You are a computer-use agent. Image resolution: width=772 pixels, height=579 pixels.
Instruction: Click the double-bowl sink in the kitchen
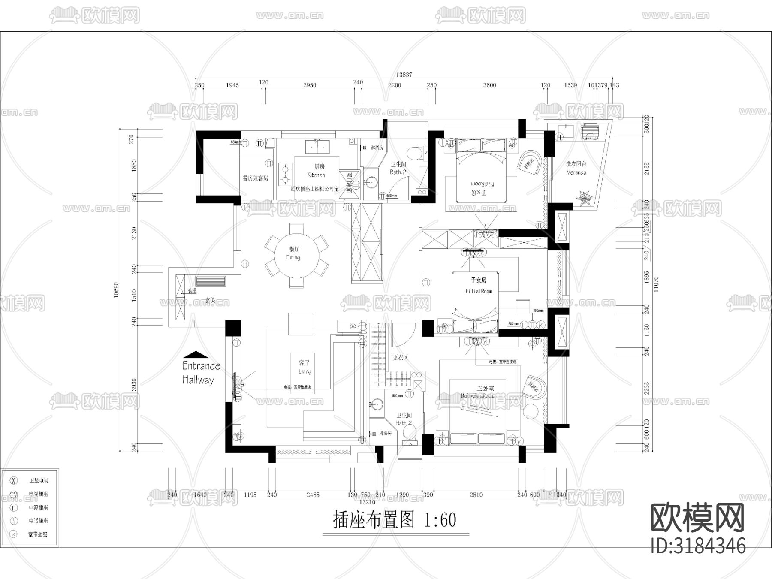[x=317, y=147]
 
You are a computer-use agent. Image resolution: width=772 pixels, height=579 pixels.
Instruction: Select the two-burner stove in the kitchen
[x=284, y=174]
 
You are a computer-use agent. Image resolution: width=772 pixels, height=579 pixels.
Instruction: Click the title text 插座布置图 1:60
[x=395, y=520]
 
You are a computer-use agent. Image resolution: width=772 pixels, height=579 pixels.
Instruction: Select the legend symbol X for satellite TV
[x=14, y=480]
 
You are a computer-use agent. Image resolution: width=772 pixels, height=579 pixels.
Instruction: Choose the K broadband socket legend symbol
[x=14, y=534]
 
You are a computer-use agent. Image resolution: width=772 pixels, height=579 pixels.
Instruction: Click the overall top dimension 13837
[x=404, y=75]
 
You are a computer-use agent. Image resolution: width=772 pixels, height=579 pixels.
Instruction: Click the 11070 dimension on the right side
[x=656, y=284]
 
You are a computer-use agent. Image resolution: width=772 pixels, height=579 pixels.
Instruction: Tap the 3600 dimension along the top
[x=489, y=85]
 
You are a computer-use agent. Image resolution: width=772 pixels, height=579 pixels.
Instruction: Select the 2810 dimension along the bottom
[x=476, y=495]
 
